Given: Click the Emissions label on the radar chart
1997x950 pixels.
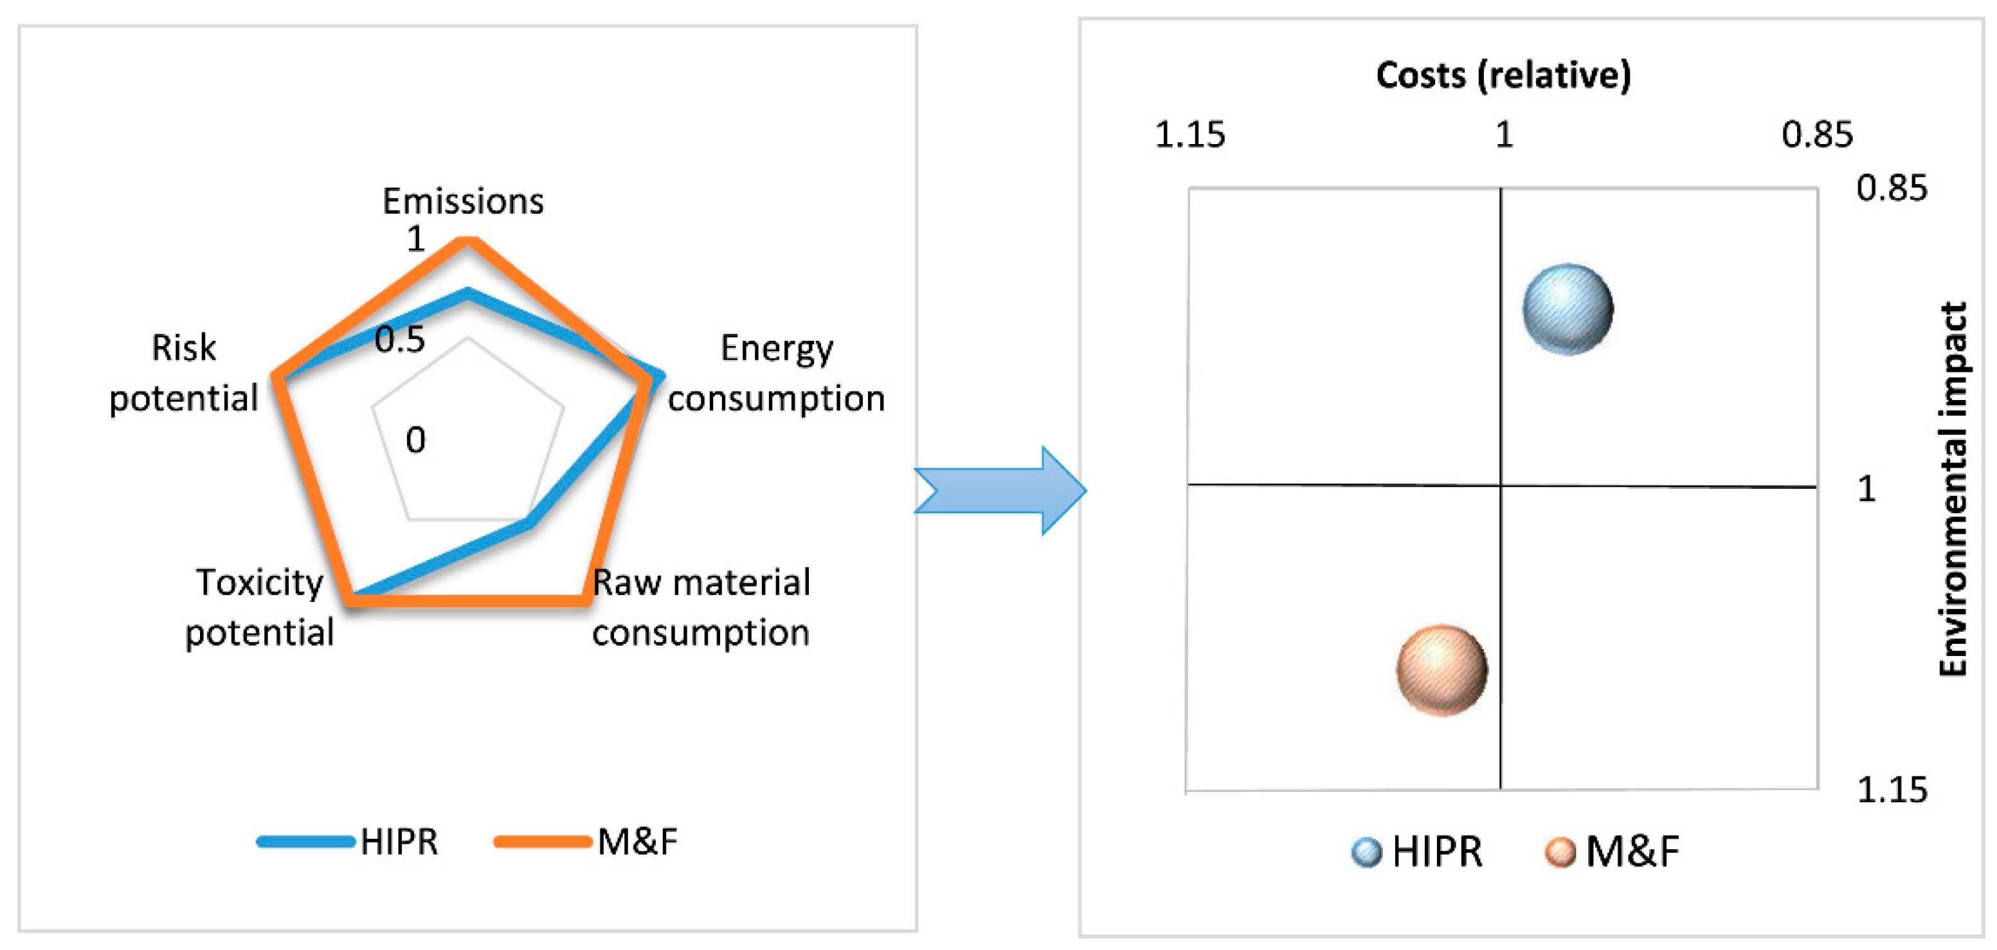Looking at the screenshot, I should click(x=463, y=201).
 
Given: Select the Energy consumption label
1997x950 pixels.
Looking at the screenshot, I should click(x=776, y=373).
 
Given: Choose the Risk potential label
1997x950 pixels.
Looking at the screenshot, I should click(x=184, y=373).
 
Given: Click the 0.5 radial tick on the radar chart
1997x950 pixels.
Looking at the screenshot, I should click(x=400, y=340).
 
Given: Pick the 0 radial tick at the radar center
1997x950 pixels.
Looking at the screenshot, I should click(x=415, y=441).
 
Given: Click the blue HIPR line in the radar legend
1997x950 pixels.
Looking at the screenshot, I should click(x=305, y=841).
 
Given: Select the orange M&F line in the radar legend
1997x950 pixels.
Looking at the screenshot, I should click(x=543, y=841).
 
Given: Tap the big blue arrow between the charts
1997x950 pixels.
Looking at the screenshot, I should click(x=1000, y=491).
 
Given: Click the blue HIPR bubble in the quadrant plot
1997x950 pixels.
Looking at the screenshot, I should click(x=1568, y=309).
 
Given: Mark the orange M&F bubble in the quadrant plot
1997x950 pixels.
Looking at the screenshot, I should click(x=1442, y=670).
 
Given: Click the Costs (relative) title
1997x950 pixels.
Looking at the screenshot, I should click(x=1503, y=75).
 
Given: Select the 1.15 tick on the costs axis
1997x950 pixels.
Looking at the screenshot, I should click(x=1189, y=135).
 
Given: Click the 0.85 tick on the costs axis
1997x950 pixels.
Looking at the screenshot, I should click(x=1816, y=135).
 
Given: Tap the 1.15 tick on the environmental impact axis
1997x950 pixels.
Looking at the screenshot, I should click(x=1892, y=789).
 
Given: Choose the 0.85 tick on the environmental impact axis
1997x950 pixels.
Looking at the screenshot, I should click(x=1892, y=188).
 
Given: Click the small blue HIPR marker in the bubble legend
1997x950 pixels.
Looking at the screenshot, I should click(x=1366, y=852).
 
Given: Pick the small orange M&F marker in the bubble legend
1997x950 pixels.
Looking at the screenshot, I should click(x=1560, y=852).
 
